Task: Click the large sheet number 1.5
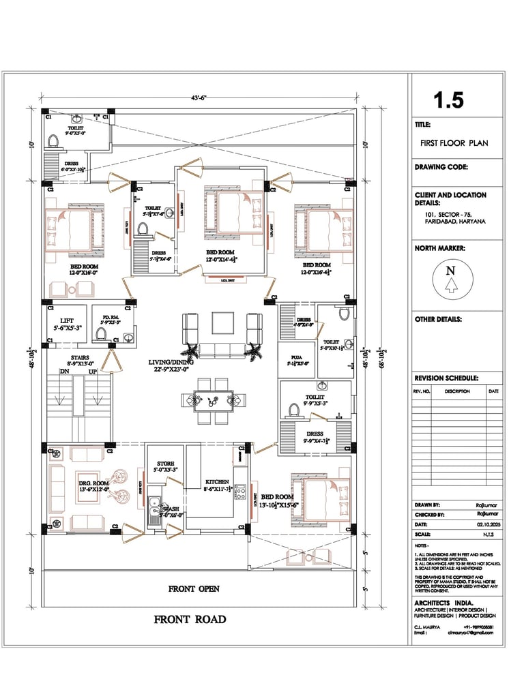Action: pyautogui.click(x=449, y=100)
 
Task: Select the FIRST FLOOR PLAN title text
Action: pyautogui.click(x=454, y=143)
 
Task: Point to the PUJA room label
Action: pyautogui.click(x=296, y=357)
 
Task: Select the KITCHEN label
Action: pyautogui.click(x=217, y=482)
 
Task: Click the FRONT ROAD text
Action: pyautogui.click(x=190, y=620)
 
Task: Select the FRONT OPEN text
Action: pyautogui.click(x=194, y=588)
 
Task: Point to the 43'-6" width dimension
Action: pyautogui.click(x=199, y=98)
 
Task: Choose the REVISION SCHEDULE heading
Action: pyautogui.click(x=446, y=378)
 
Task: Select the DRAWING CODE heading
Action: pyautogui.click(x=441, y=167)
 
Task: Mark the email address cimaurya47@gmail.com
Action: pyautogui.click(x=470, y=632)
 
